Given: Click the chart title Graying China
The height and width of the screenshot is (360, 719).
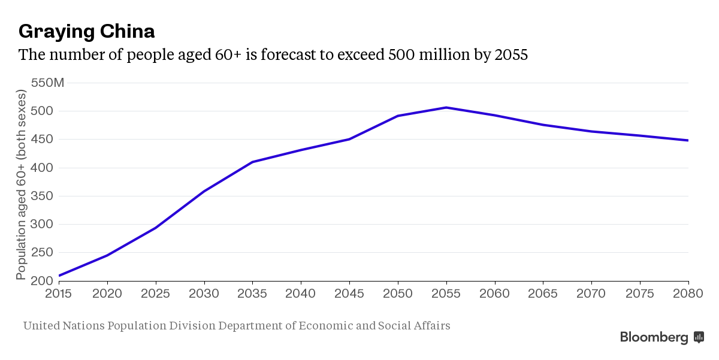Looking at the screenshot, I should [87, 31].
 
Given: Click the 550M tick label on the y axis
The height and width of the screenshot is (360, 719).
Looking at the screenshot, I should [47, 83].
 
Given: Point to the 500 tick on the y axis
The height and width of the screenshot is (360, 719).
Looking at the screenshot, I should [41, 111].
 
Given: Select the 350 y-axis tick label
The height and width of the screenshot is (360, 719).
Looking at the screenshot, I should [41, 196].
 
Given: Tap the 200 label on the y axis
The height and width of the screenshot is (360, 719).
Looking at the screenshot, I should [41, 280].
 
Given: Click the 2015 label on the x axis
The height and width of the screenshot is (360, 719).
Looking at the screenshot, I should [59, 294].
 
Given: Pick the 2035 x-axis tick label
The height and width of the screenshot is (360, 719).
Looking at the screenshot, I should [252, 294].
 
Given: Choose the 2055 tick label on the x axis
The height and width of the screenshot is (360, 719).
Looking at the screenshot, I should [446, 294].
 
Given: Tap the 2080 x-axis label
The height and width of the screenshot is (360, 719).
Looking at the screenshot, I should [688, 294].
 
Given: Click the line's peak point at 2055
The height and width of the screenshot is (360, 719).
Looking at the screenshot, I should [446, 107].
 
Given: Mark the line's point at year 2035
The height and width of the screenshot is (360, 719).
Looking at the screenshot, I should [252, 162].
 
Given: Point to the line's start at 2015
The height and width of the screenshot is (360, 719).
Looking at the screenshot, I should [59, 276].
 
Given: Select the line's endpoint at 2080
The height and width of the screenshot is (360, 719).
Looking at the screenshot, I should [688, 140].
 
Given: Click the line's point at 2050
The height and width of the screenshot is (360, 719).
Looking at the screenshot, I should [398, 116].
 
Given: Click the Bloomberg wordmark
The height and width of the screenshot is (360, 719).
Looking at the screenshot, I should [654, 337].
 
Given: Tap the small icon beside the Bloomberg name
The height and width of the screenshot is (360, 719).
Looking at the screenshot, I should [699, 337].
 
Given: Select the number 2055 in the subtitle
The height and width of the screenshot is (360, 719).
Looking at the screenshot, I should [510, 55].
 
